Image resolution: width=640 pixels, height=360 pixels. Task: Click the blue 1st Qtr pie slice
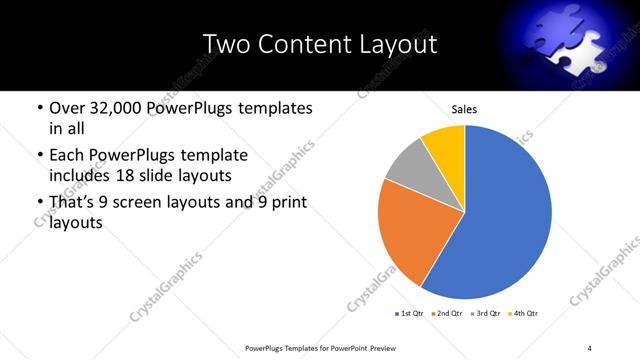coord(505,215)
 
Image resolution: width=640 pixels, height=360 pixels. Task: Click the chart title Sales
coord(464,109)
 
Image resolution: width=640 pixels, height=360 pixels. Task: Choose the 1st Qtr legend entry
coord(411,314)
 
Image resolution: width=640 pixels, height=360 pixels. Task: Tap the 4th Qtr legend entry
coord(526,314)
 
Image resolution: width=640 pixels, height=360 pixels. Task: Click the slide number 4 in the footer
coord(590,347)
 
